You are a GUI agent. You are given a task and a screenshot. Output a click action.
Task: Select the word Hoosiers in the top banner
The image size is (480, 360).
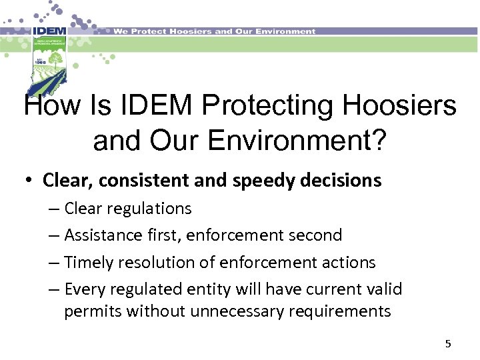(x=189, y=31)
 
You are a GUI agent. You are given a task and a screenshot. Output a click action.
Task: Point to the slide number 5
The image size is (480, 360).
(x=448, y=344)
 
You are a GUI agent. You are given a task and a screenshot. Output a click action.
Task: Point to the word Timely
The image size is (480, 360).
(x=89, y=263)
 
